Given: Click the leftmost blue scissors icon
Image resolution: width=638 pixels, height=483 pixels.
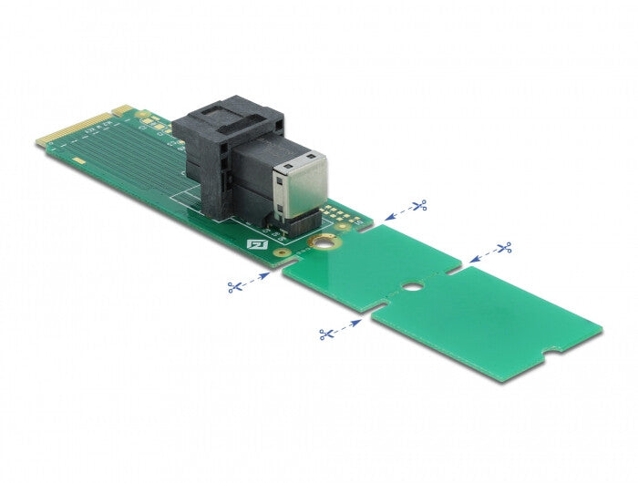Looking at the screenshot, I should (x=235, y=287).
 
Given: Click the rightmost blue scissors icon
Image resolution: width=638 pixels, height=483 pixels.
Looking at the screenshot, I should (x=503, y=247).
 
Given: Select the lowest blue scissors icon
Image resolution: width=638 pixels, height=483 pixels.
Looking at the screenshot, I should (x=325, y=334).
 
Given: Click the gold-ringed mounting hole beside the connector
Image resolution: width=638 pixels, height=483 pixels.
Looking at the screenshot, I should (x=320, y=244).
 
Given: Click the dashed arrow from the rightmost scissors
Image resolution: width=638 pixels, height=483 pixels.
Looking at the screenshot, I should (x=481, y=255).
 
